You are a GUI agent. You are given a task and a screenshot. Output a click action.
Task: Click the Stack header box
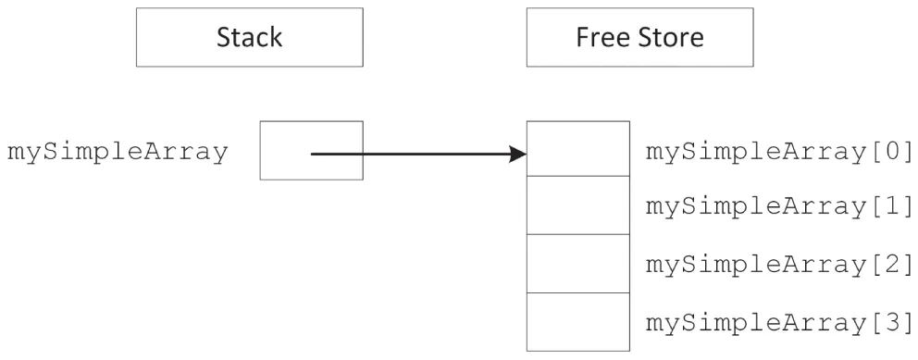click(x=249, y=38)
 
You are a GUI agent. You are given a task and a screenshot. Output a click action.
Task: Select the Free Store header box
click(x=639, y=38)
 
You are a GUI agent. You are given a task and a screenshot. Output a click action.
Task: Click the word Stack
click(x=249, y=38)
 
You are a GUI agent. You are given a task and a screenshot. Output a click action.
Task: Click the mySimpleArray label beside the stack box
click(x=117, y=153)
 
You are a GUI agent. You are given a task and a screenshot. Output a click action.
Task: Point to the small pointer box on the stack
click(x=312, y=150)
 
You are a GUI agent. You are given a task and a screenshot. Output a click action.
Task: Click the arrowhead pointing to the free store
click(x=517, y=154)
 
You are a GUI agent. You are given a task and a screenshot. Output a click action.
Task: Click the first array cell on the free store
click(x=578, y=148)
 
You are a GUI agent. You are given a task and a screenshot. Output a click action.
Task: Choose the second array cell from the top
click(x=578, y=205)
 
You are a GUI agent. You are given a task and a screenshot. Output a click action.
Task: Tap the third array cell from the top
click(x=578, y=264)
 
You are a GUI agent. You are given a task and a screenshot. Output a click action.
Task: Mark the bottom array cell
click(x=578, y=322)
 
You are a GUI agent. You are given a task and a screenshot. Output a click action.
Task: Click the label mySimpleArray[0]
click(x=779, y=150)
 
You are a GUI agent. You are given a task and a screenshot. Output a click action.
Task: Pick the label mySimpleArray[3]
click(x=779, y=324)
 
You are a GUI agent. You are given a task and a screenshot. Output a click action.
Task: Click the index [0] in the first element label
click(x=896, y=150)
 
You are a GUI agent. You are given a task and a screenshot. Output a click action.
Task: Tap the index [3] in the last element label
click(x=896, y=324)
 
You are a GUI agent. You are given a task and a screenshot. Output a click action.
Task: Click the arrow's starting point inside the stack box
click(x=313, y=154)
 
